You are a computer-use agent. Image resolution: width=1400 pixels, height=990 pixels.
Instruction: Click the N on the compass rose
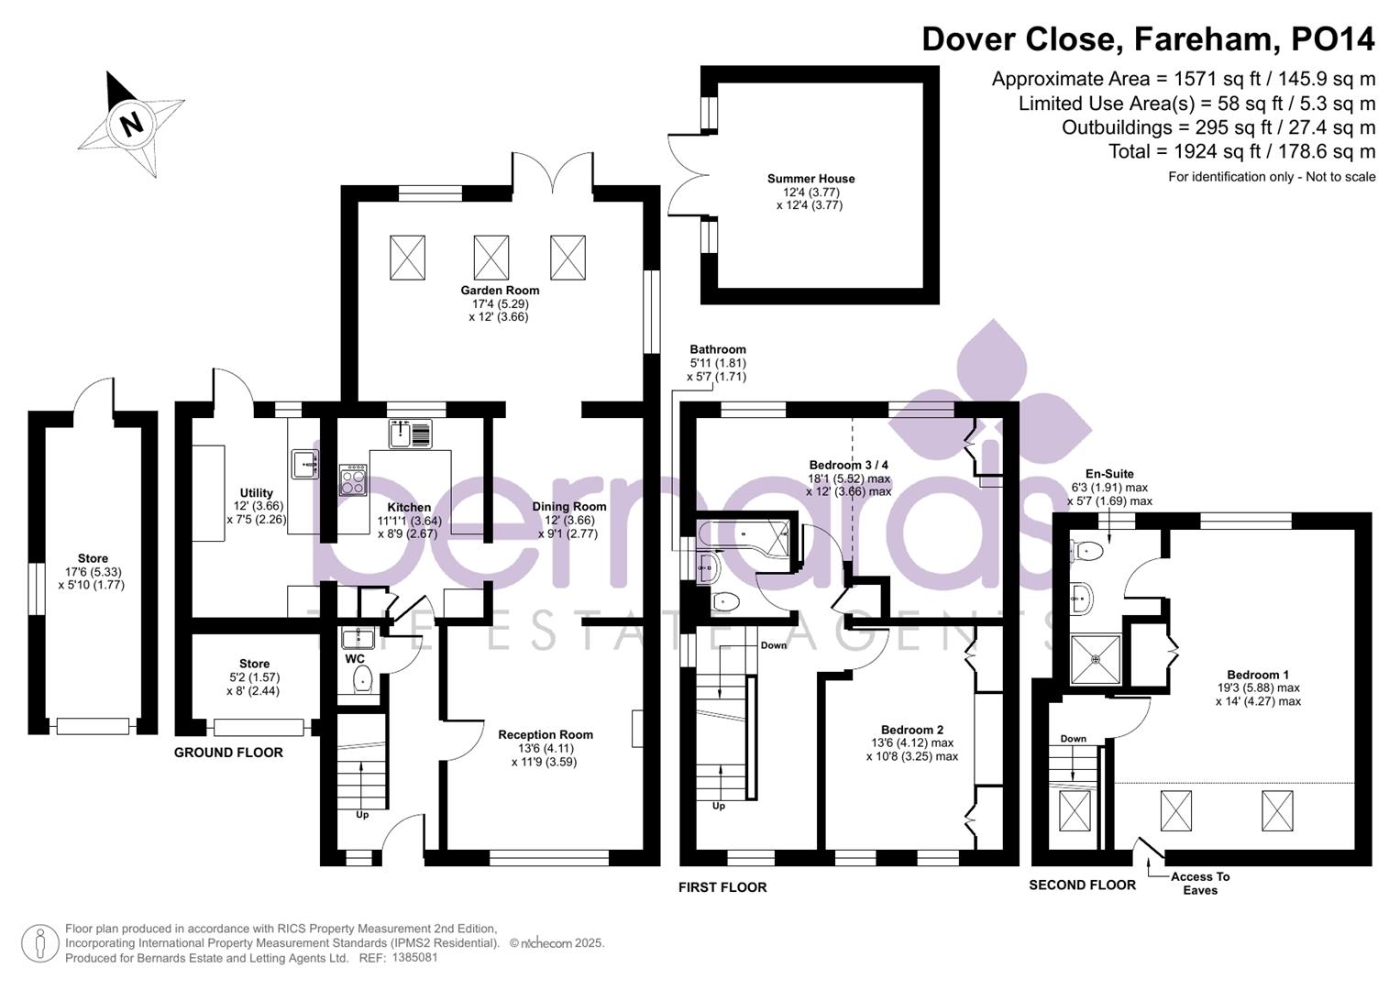[x=133, y=122]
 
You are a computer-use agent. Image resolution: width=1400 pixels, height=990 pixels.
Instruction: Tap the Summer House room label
[x=810, y=179]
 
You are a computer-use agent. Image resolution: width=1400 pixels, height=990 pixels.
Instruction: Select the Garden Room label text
[x=500, y=291]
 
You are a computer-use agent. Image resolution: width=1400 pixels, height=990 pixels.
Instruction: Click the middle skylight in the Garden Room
[x=491, y=257]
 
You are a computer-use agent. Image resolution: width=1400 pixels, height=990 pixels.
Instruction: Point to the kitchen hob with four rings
[x=353, y=479]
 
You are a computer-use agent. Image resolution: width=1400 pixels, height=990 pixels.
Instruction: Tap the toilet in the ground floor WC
[x=362, y=679]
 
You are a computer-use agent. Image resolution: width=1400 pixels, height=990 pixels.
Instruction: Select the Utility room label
[x=256, y=493]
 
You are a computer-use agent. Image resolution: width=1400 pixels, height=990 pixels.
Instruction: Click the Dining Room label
[x=569, y=507]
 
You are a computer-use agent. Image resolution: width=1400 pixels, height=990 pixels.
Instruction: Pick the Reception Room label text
[x=546, y=734]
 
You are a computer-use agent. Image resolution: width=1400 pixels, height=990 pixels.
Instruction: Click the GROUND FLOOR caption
[x=228, y=753]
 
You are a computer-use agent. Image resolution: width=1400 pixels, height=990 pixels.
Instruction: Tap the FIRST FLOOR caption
[x=722, y=887]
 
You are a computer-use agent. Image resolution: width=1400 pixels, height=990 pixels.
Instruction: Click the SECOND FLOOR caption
[x=1082, y=885]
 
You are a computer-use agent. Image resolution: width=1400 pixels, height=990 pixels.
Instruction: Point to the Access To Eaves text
[x=1199, y=884]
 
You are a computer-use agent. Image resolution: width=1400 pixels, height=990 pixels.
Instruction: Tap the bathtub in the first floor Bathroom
[x=743, y=534]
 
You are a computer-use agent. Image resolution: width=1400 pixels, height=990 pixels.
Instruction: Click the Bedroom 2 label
[x=912, y=730]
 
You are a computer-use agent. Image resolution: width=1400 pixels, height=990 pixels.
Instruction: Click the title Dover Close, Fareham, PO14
[x=1148, y=39]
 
